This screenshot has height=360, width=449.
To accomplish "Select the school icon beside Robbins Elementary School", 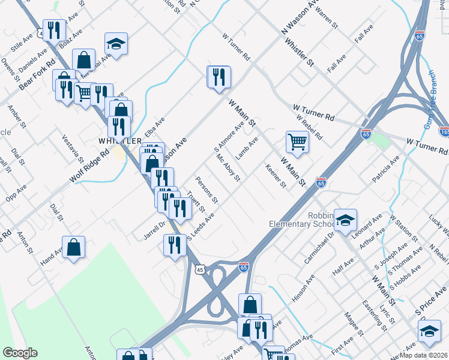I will pyautogui.click(x=345, y=221).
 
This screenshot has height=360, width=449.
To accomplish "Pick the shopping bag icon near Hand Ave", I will pyautogui.click(x=73, y=247).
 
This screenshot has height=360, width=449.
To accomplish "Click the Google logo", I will pyautogui.click(x=20, y=353).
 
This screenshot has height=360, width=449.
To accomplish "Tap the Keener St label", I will pyautogui.click(x=276, y=175).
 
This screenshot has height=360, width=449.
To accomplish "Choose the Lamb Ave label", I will pyautogui.click(x=247, y=148).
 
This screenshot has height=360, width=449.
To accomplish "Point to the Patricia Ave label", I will pyautogui.click(x=385, y=169).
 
